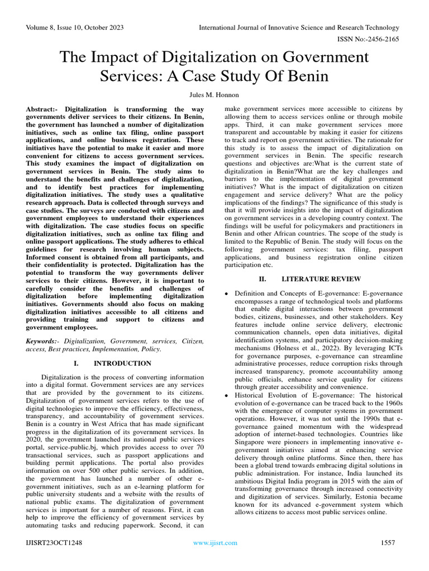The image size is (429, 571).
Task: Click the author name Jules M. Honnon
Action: point(214,95)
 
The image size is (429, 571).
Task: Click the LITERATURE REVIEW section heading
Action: point(321,278)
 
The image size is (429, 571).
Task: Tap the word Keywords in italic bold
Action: point(41,340)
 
